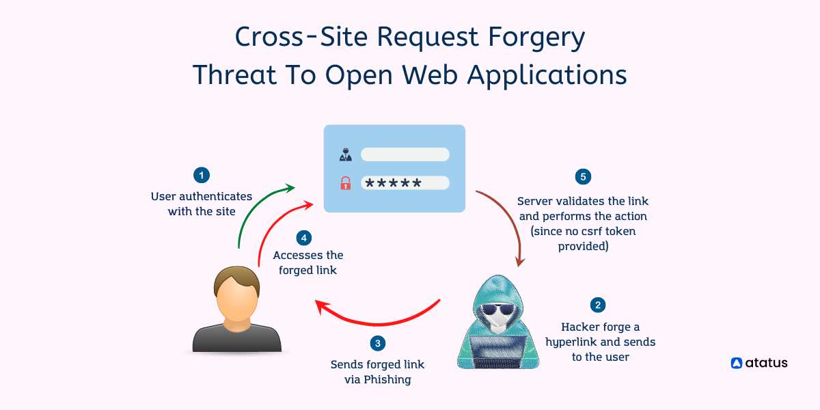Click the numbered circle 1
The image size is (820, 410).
[201, 176]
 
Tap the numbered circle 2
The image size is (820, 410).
[599, 305]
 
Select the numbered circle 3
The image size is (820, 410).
[378, 344]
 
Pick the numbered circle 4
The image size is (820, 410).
[304, 238]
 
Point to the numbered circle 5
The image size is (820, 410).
[583, 177]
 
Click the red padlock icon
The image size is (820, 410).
[346, 183]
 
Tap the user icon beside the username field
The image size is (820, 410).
[346, 154]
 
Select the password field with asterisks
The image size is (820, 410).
[405, 183]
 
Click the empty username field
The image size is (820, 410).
[405, 154]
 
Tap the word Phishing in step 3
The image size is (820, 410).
[387, 379]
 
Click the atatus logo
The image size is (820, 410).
[759, 363]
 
